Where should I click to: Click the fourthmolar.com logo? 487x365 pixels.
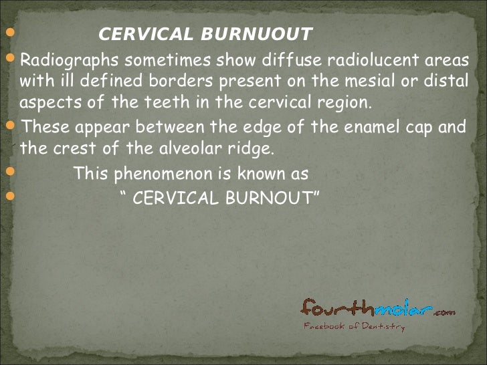coord(377,309)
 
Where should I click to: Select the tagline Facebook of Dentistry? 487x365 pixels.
coord(354,327)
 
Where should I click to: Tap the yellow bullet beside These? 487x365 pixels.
coord(11,126)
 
